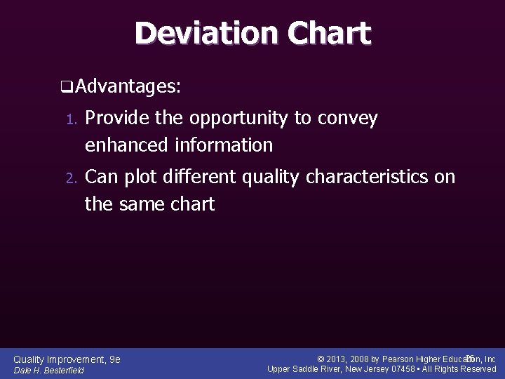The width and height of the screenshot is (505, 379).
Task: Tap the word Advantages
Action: (127, 87)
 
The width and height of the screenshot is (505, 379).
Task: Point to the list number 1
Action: (69, 120)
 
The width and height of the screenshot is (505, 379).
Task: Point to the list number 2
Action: (69, 178)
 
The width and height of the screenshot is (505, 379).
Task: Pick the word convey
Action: (348, 119)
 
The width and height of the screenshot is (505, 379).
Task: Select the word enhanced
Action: (126, 145)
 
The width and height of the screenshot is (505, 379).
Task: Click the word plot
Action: (140, 178)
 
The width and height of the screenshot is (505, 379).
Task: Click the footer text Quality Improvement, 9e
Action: (67, 359)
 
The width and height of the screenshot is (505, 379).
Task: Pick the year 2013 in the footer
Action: (338, 359)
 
